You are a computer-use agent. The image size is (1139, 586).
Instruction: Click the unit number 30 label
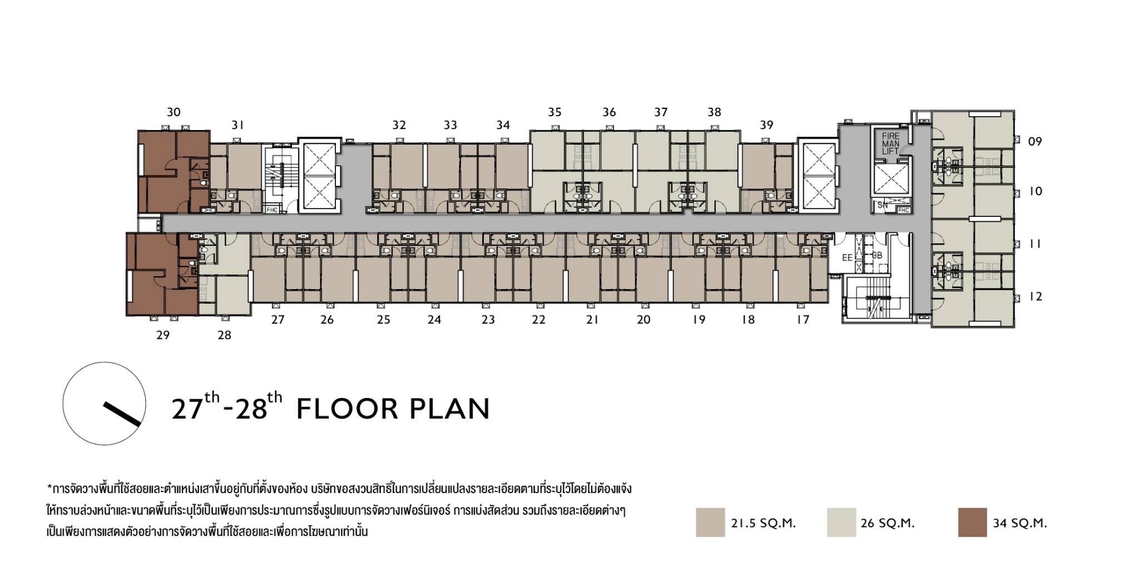174,112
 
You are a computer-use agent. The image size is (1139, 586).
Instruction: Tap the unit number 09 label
1034,141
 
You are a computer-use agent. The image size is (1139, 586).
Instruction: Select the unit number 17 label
803,320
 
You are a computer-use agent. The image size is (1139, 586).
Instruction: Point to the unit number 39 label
766,125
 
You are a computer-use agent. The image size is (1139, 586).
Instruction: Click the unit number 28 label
224,335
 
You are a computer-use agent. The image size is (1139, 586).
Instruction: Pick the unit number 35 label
554,112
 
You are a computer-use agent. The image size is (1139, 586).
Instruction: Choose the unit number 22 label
538,320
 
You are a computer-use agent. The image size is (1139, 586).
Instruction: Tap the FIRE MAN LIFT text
890,143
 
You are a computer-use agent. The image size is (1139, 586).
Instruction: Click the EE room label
847,258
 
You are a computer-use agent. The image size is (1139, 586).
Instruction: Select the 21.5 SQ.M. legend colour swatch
710,522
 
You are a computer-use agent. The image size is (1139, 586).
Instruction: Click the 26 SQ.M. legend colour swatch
841,522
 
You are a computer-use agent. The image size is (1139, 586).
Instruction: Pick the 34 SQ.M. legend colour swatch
972,522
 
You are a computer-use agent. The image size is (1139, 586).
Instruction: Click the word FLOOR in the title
346,409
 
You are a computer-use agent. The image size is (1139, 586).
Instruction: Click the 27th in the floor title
195,406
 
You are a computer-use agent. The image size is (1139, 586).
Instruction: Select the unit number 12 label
1035,297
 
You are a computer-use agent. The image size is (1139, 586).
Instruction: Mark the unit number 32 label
399,125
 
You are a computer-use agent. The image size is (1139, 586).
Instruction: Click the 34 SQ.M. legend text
1019,523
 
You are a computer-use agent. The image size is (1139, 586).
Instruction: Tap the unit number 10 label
1035,191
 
